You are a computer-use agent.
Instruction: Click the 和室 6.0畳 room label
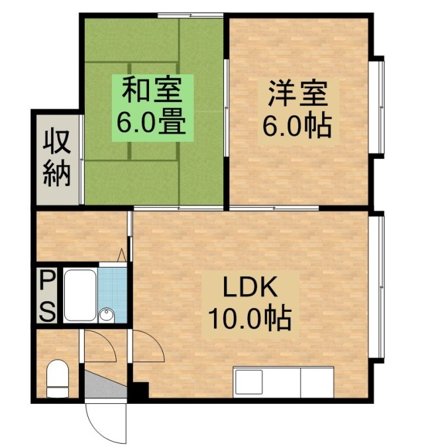pos(152,108)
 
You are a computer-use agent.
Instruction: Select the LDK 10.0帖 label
pos(250,304)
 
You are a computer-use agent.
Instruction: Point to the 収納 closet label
pos(56,158)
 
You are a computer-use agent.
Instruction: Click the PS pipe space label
pos(47,295)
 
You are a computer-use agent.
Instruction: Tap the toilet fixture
pos(58,379)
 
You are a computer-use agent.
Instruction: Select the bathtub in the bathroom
pos(80,295)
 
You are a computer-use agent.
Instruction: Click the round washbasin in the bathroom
pos(107,315)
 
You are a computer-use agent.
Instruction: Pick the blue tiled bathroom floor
pos(113,295)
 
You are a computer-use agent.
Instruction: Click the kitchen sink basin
pos(248,382)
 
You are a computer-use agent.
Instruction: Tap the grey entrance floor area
pos(105,385)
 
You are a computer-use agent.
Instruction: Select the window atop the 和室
pos(191,15)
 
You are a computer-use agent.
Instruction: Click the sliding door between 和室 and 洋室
pos(226,108)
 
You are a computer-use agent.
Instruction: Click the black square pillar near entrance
pos(141,390)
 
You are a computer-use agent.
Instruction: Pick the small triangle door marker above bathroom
pos(122,254)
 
